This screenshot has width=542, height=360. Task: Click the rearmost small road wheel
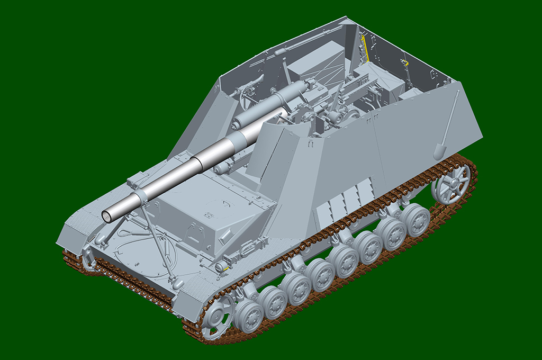[x=414, y=220]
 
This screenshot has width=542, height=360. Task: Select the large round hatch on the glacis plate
[x=144, y=254]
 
